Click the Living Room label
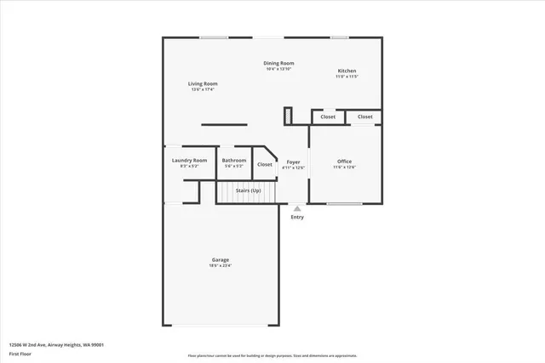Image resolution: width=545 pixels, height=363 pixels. (x=204, y=83)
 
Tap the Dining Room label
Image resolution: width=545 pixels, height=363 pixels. (x=278, y=63)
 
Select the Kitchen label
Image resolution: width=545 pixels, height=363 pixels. (x=347, y=71)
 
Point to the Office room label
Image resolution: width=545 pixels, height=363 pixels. (x=344, y=161)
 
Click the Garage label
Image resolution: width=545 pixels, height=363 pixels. (x=221, y=259)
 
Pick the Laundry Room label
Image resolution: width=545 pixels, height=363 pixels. (x=189, y=160)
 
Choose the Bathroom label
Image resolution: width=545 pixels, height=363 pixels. (x=234, y=160)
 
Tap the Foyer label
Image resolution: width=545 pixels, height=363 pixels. (x=293, y=161)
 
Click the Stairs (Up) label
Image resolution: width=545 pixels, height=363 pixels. (x=248, y=190)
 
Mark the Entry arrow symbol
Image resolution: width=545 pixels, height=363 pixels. (x=297, y=207)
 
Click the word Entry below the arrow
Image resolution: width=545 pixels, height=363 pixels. (x=297, y=217)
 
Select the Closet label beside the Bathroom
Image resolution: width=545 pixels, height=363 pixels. (x=265, y=164)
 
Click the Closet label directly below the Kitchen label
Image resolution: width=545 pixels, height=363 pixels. (x=328, y=116)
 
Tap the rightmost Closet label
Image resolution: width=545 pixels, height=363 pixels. (x=364, y=116)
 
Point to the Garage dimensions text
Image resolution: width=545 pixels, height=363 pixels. (x=221, y=266)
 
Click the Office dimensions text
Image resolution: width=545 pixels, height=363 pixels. (x=344, y=167)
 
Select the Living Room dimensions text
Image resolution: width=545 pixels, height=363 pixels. (x=204, y=90)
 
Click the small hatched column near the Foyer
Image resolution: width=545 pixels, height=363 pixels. (x=289, y=115)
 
